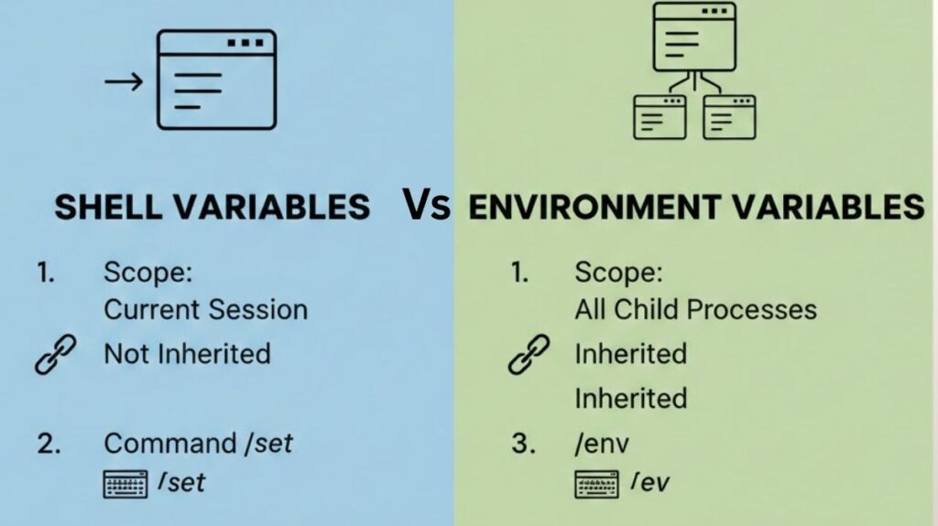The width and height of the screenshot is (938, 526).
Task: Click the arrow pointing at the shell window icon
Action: tap(123, 82)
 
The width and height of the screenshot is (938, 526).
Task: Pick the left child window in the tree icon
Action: tap(660, 116)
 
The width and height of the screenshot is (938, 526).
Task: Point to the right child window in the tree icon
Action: tap(729, 116)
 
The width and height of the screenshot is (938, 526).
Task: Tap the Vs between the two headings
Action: tap(427, 206)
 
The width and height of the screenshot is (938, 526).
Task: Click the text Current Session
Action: tap(205, 309)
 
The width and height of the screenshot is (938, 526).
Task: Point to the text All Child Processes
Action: tap(695, 309)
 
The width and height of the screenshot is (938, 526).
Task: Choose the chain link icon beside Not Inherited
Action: tap(55, 354)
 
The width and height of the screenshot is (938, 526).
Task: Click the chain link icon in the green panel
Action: tap(529, 354)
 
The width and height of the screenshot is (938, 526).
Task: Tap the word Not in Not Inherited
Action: tap(125, 353)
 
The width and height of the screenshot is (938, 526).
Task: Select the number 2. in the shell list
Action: tap(49, 444)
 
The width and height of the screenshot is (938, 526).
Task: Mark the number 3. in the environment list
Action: tap(523, 444)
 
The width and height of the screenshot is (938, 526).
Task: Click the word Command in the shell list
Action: tap(169, 444)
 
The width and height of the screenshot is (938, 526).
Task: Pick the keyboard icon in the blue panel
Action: tap(125, 483)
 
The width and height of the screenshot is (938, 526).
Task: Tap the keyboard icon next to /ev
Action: tap(596, 483)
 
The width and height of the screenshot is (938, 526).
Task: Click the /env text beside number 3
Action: tap(602, 444)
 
